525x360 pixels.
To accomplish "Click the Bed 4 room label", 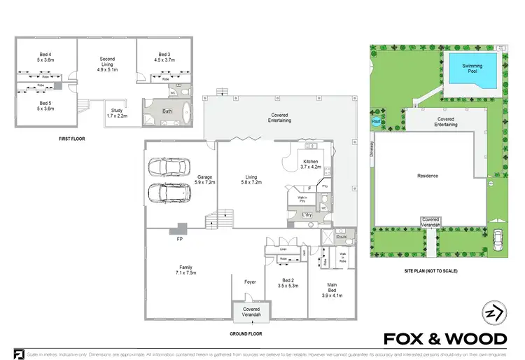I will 45,57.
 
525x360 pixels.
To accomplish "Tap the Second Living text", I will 107,64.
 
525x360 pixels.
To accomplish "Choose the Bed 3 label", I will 164,57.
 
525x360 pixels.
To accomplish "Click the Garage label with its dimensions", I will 205,179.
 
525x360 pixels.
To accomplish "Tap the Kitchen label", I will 309,164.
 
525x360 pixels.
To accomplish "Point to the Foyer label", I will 250,282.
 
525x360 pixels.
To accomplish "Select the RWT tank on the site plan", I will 377,121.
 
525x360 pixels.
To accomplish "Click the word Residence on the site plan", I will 427,176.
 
